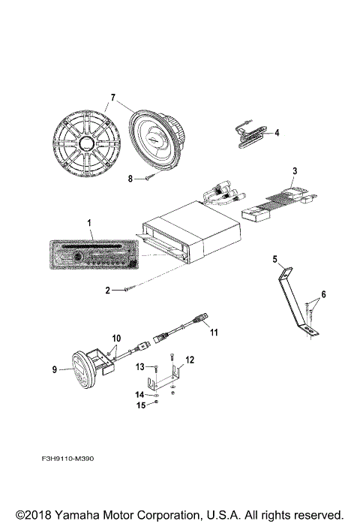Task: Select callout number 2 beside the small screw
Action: pos(107,289)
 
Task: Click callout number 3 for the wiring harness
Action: pos(295,172)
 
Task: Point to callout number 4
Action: pos(276,133)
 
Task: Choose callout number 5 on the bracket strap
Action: pos(275,260)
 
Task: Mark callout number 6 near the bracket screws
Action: pos(324,294)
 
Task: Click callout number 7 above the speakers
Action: pos(113,98)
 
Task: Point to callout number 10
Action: pos(116,339)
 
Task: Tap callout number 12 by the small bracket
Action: pos(190,360)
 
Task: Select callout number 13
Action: pos(140,366)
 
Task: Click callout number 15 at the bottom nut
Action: pos(139,406)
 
